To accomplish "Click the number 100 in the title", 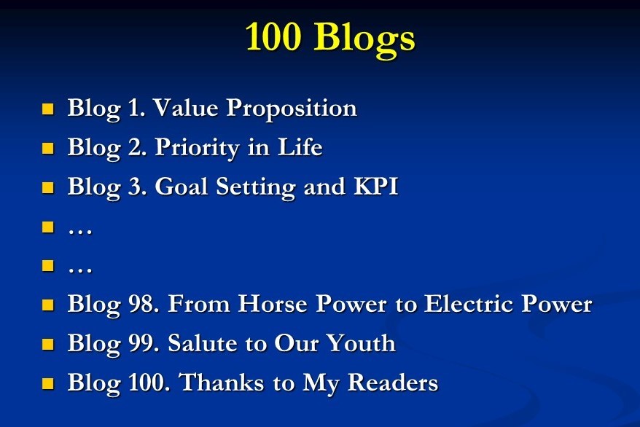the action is click(273, 36).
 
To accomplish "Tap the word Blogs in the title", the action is click(364, 40).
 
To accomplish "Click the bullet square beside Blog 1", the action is click(48, 109).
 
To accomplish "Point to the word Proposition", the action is click(292, 109).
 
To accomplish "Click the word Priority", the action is click(197, 149).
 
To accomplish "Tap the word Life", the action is click(300, 146).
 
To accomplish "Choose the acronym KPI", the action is click(375, 187).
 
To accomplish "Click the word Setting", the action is click(255, 187).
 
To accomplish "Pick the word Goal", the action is click(182, 187).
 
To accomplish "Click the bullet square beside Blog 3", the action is click(48, 187).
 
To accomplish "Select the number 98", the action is click(144, 305).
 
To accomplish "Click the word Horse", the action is click(272, 305).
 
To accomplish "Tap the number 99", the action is click(144, 343).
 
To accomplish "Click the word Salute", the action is click(202, 343).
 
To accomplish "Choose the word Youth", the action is click(362, 343).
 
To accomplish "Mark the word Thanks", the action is click(222, 383).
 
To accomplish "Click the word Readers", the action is click(393, 383).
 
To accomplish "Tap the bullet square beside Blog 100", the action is click(48, 384).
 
